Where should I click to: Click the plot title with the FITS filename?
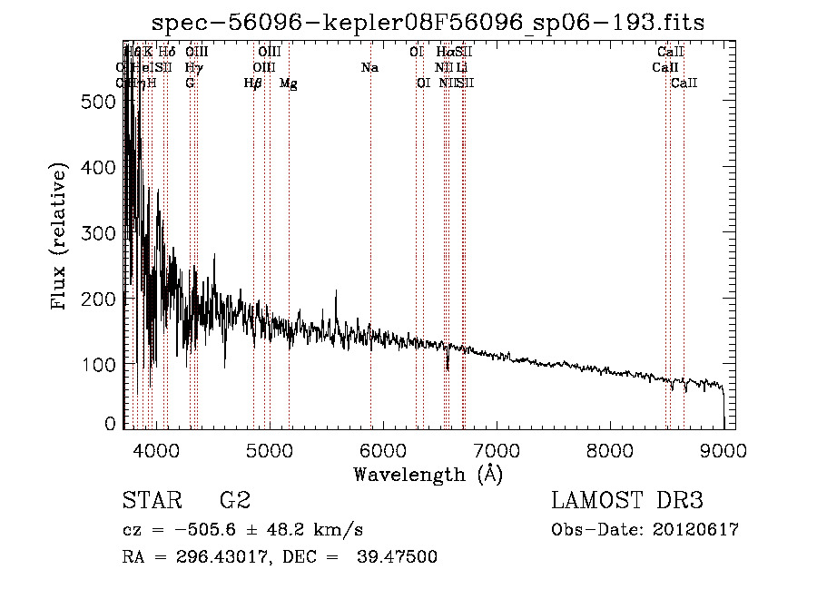pos(428,22)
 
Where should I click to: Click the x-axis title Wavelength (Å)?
pos(428,474)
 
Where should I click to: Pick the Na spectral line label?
pos(369,67)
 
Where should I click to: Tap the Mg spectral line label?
pos(288,83)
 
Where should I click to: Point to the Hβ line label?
pos(253,83)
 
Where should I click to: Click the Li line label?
pos(462,67)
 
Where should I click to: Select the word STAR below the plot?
pos(150,501)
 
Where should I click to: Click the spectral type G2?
pos(235,501)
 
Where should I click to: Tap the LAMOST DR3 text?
pos(627,501)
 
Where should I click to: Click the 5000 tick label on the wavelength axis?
pos(269,448)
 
